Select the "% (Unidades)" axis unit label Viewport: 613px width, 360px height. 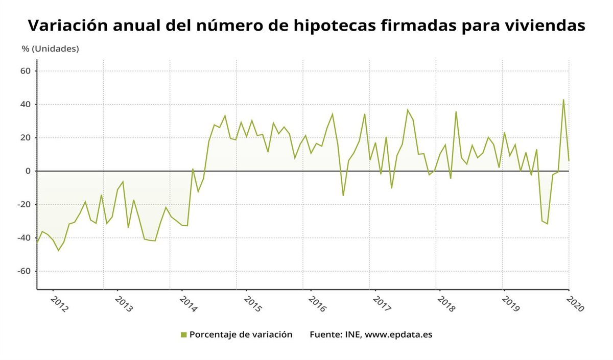coord(50,49)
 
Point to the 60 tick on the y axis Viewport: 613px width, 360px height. coord(26,71)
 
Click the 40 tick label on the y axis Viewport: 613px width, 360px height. coord(26,104)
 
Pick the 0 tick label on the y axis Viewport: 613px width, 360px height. coord(29,171)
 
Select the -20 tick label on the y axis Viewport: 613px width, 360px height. coord(24,204)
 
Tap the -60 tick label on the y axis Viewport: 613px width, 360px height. coord(24,271)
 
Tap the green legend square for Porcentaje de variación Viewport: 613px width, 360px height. coord(184,334)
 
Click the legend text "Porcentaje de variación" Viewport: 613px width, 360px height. coord(241,334)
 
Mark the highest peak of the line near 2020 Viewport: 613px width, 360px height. coord(563,100)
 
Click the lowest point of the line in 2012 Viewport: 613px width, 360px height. coord(58,250)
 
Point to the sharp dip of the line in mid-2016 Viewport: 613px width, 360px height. coord(343,196)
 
